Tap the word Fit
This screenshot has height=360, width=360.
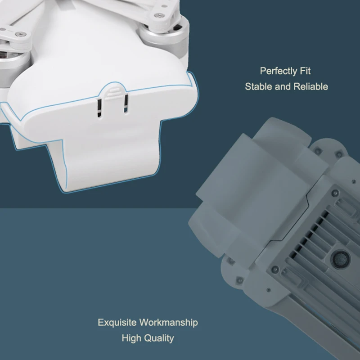(x=305, y=71)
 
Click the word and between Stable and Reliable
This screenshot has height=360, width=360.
(x=283, y=86)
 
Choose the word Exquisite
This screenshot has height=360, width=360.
(x=117, y=323)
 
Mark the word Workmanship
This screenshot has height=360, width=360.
(x=168, y=323)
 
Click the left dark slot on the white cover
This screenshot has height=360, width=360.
(x=99, y=108)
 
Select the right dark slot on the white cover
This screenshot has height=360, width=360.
(x=126, y=103)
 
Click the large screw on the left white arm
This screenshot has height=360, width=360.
(x=19, y=35)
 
